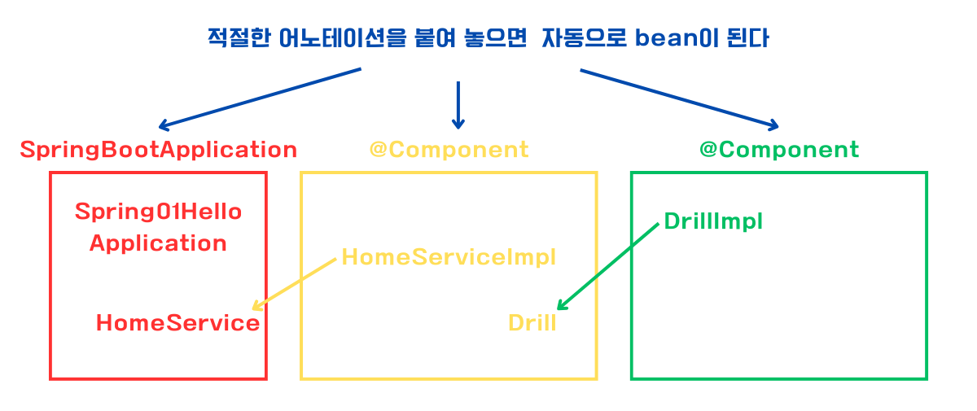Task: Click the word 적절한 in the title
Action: pos(239,38)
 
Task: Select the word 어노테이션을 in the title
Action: pos(343,38)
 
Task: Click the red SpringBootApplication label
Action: pos(159,151)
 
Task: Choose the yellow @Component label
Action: pos(449,151)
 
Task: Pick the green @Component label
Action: pos(779,151)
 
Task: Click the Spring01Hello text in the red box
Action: pos(158,212)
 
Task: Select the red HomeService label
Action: pos(178,323)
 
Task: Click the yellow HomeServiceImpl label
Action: pos(449,257)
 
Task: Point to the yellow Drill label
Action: pos(532,323)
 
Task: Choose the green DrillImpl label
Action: pos(713,221)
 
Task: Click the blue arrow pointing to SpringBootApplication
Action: pos(260,99)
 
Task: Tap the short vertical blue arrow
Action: pos(458,105)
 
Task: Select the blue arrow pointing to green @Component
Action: pos(679,100)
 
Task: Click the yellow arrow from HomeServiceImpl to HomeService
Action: pos(295,284)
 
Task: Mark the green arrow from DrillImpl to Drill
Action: pos(608,267)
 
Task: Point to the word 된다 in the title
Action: pos(747,38)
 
